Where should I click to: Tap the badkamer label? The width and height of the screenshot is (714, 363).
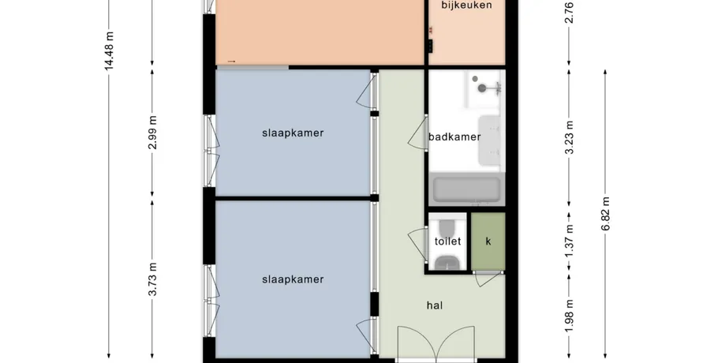point(454,137)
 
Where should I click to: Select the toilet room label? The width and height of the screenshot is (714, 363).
point(447,241)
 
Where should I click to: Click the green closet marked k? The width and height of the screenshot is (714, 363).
point(488,241)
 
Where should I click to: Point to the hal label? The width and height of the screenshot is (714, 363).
point(435,305)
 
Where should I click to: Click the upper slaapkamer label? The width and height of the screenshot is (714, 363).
point(293,133)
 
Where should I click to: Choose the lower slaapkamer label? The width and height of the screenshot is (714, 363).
point(293,279)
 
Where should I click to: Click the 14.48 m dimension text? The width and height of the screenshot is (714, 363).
point(109,51)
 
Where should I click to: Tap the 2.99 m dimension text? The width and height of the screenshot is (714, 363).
point(152,133)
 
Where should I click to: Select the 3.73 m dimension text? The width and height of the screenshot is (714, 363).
point(152,279)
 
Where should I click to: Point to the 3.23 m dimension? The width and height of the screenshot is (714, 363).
point(569,137)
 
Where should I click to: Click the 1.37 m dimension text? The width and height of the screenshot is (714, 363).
point(569,241)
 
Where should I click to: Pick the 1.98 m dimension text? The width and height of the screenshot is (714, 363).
point(569,316)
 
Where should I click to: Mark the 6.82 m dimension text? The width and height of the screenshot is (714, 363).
point(605,214)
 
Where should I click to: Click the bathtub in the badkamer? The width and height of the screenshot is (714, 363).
point(467,189)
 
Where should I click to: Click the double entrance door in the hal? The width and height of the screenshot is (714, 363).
point(436,343)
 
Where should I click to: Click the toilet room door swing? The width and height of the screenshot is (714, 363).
point(417,245)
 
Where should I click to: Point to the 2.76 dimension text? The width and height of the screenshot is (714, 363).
point(569,13)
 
